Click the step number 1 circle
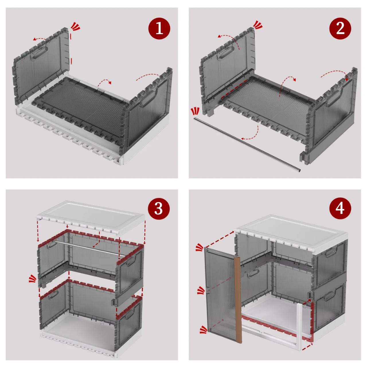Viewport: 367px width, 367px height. coord(159,28)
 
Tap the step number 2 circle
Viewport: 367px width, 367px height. coord(340,28)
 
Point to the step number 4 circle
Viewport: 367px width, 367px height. coord(340,207)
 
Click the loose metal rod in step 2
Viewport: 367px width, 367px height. coord(247,143)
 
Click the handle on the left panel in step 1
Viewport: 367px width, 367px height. coord(39,53)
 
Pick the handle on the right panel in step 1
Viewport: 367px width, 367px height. coord(148,99)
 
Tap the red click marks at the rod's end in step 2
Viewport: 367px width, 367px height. coord(195,111)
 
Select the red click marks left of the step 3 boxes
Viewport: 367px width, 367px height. coord(32,278)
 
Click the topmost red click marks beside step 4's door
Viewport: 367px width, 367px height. coord(200,247)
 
